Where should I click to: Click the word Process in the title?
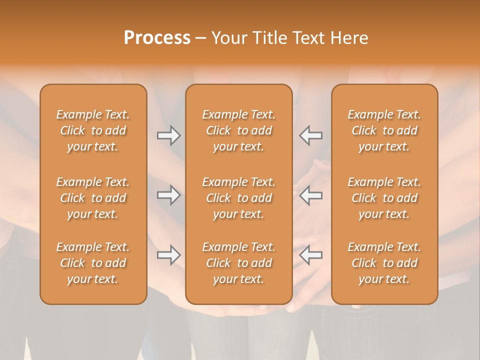[x=157, y=37]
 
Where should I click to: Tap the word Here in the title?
[x=349, y=37]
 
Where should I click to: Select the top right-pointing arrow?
[x=169, y=135]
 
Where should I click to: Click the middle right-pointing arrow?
[x=169, y=195]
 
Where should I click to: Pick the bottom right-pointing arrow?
[x=169, y=255]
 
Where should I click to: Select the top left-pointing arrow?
[x=311, y=135]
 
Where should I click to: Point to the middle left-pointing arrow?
[x=311, y=195]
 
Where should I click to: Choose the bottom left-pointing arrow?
[x=311, y=255]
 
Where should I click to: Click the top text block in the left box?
[x=93, y=130]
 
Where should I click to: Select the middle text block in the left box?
[x=93, y=198]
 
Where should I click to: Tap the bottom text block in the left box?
[x=93, y=263]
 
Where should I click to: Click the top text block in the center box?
[x=239, y=130]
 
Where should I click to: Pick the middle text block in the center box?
[x=239, y=198]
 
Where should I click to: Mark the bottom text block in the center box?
[x=239, y=263]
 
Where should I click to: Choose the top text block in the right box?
[x=384, y=130]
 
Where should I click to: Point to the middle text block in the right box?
[x=384, y=198]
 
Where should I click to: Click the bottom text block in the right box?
[x=384, y=263]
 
